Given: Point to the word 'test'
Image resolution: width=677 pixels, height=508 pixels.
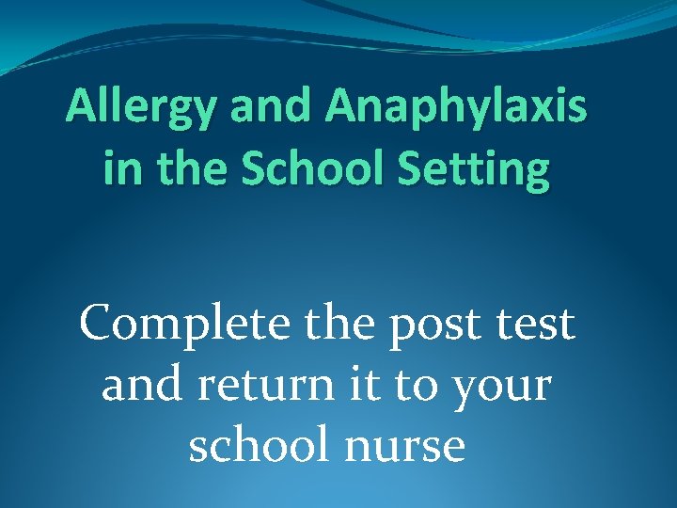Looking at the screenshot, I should coord(539,325).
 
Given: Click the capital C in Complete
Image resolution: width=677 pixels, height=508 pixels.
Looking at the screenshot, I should coord(99,325).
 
